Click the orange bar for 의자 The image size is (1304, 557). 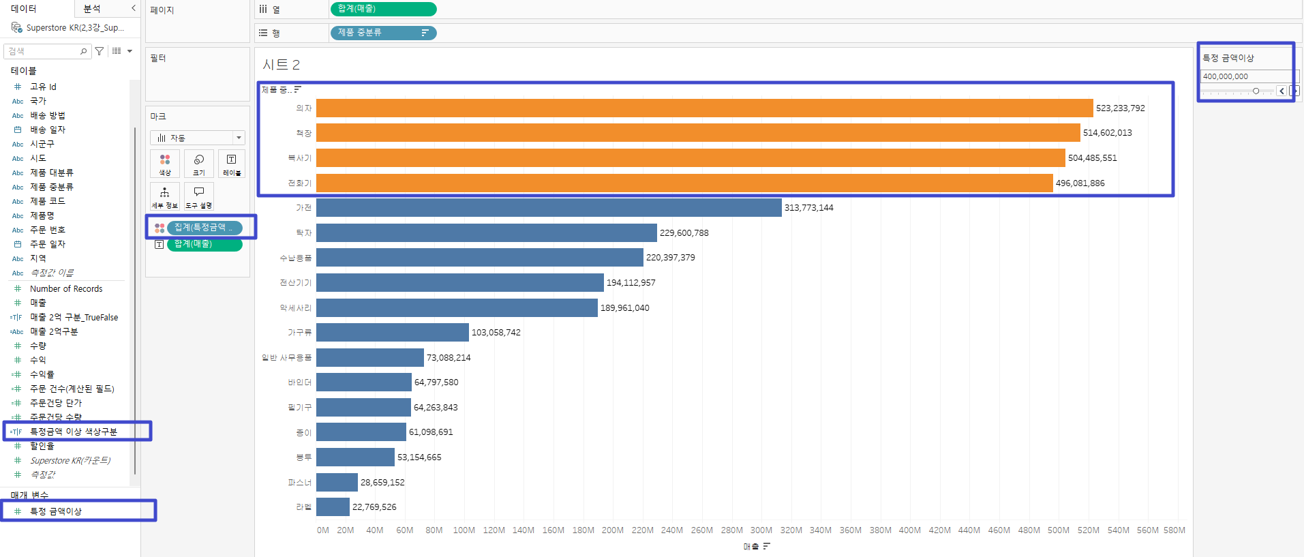click(704, 108)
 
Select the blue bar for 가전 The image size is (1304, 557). click(549, 208)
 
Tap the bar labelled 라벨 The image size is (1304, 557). click(333, 507)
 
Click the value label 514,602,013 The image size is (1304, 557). click(1107, 133)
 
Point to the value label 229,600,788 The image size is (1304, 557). click(684, 233)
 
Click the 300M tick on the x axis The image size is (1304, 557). click(761, 530)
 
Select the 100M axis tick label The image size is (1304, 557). click(464, 530)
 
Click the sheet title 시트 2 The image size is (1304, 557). click(281, 65)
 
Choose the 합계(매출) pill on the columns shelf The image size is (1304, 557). click(383, 9)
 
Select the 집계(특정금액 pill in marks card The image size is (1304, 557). click(204, 228)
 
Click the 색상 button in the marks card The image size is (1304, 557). click(165, 164)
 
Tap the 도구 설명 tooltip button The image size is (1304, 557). click(199, 196)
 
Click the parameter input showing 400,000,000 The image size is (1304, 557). click(1244, 76)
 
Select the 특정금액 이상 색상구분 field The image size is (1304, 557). click(74, 432)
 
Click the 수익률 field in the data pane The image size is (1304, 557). click(42, 374)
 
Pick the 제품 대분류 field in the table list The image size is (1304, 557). click(52, 172)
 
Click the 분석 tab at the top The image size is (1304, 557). click(92, 9)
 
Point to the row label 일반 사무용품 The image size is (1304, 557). click(287, 358)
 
